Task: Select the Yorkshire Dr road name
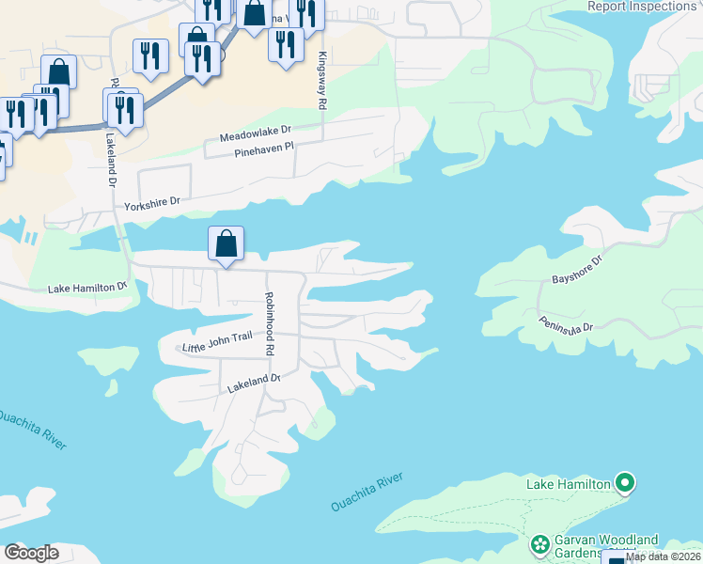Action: click(x=152, y=203)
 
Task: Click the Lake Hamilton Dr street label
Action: click(x=87, y=287)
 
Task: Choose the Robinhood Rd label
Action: click(x=269, y=321)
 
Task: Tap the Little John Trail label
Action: click(x=218, y=347)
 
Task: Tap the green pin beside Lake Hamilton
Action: click(x=625, y=484)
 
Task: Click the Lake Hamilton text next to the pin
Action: click(x=568, y=484)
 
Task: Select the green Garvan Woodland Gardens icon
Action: click(x=539, y=545)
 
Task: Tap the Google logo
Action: click(x=32, y=552)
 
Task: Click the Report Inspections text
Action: click(x=641, y=7)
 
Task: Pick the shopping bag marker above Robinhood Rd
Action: click(x=227, y=244)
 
